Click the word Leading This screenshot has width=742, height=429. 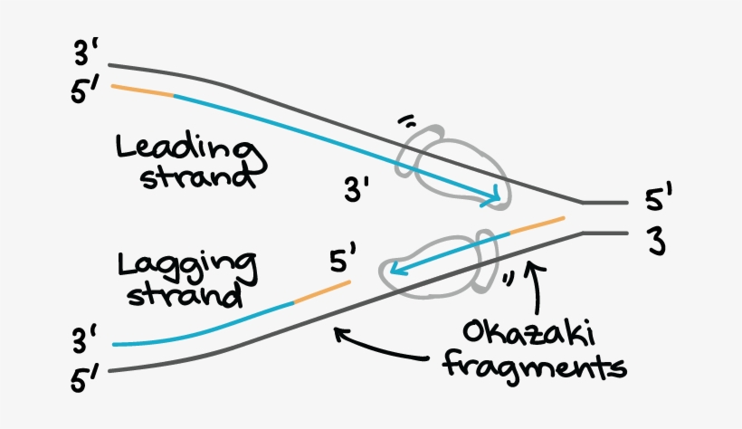184,148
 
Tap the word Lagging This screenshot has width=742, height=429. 185,266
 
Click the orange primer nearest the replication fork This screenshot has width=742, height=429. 537,225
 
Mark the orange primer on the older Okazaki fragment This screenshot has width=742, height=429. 320,292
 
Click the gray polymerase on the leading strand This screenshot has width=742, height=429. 454,164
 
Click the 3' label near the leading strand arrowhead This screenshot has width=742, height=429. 357,191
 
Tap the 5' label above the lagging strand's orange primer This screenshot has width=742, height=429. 342,263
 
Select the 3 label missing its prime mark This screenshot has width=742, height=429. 656,240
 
